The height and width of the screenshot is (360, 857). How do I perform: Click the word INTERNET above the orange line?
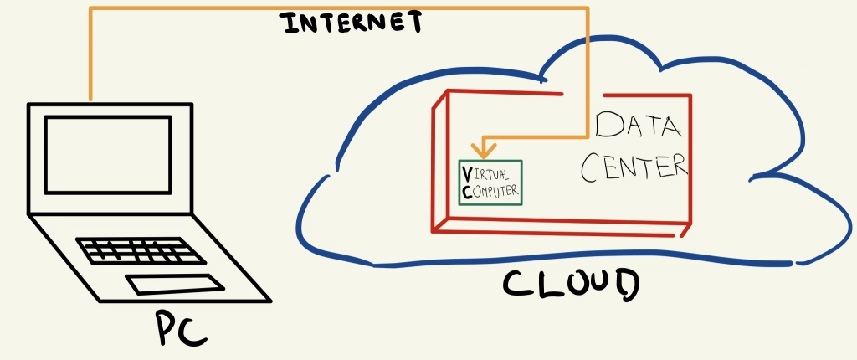coord(353,23)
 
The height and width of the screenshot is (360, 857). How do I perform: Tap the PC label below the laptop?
coord(182,328)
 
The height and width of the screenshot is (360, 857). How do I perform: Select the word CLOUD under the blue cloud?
coord(571,285)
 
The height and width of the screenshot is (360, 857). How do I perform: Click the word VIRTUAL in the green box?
coord(485,174)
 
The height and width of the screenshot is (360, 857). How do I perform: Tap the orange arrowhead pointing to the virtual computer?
coord(484,150)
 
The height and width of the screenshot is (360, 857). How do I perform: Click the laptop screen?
coord(108,155)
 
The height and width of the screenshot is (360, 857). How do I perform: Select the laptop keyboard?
coord(141,250)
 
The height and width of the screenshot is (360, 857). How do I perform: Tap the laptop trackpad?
coord(175,285)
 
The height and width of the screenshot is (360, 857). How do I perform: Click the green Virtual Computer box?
coord(490,183)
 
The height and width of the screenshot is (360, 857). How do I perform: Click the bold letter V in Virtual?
coord(466,174)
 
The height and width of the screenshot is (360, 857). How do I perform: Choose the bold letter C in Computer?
coord(466,192)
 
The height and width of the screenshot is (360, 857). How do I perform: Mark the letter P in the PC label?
coord(167,328)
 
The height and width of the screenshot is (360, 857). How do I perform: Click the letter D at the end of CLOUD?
coord(624,285)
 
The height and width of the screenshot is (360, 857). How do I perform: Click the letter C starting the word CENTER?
coord(592,168)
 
